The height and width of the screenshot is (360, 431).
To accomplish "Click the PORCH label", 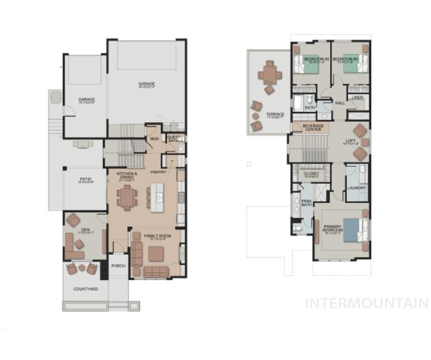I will point(118,266).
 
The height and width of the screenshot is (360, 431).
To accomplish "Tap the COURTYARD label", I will point(86,289).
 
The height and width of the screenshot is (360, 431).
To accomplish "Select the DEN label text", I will point(86,230).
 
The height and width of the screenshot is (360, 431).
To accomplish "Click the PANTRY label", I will point(158,172).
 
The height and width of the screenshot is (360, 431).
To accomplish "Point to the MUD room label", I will point(154,139).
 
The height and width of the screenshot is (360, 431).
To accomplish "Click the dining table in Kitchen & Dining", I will point(127,197).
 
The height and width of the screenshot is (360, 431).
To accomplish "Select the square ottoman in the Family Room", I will point(156,253).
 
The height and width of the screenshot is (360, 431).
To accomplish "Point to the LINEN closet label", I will point(357,98).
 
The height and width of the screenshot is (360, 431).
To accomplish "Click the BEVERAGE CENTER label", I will point(313,127).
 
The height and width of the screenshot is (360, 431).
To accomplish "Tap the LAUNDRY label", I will point(356,188).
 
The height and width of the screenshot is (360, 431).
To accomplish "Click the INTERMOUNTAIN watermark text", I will point(366,303).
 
